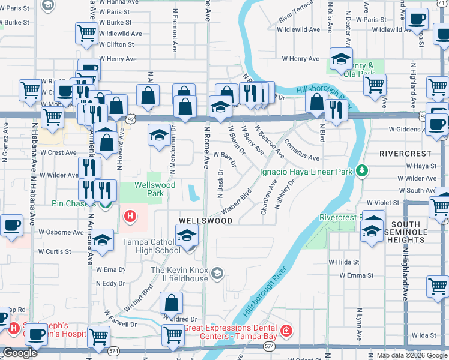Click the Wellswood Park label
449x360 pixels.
[146, 190]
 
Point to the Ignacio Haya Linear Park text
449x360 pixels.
[306, 172]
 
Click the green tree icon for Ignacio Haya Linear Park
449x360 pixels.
[361, 171]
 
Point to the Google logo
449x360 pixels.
[20, 353]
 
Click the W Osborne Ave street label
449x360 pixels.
[61, 232]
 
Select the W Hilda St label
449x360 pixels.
[343, 262]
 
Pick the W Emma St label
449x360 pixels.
[357, 275]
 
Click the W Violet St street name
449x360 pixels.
[382, 203]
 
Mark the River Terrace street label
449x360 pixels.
[295, 11]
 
